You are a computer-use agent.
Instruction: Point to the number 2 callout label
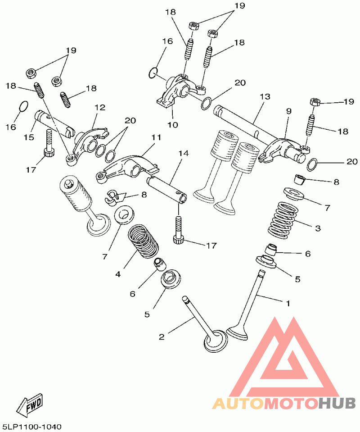point(162,336)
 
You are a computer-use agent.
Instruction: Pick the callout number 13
point(265,97)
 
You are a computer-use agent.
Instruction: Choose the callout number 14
point(183,154)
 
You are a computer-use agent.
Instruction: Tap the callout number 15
point(29,137)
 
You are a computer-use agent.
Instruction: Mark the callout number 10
point(173,124)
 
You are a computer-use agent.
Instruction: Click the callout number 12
point(99,108)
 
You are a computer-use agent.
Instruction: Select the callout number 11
point(156,136)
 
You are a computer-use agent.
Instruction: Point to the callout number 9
point(288,111)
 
